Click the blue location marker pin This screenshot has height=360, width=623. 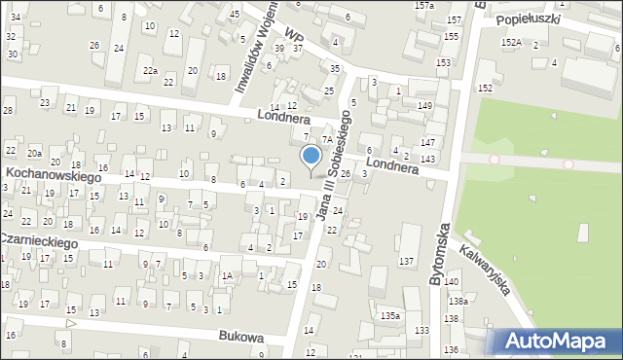pyautogui.click(x=311, y=156)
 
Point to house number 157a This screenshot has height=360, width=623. pyautogui.click(x=424, y=6)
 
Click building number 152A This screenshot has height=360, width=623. pyautogui.click(x=511, y=43)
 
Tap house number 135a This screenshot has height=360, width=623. pyautogui.click(x=390, y=316)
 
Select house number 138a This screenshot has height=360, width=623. pyautogui.click(x=458, y=302)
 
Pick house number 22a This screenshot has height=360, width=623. pyautogui.click(x=150, y=71)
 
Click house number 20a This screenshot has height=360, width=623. pyautogui.click(x=34, y=154)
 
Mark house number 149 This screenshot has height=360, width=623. pyautogui.click(x=424, y=105)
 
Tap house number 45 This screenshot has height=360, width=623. pyautogui.click(x=235, y=15)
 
